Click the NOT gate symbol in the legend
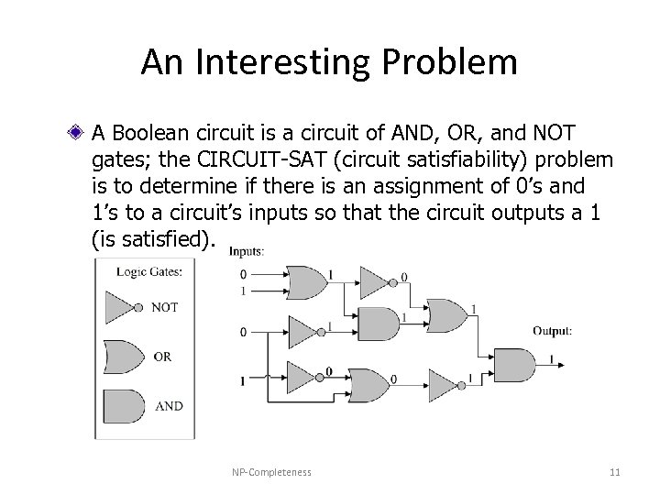point(125,307)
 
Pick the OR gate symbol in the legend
point(123,357)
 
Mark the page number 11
point(614,472)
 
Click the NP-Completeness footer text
point(271,472)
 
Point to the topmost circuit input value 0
point(244,273)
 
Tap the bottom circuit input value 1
point(243,379)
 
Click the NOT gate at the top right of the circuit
point(373,281)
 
